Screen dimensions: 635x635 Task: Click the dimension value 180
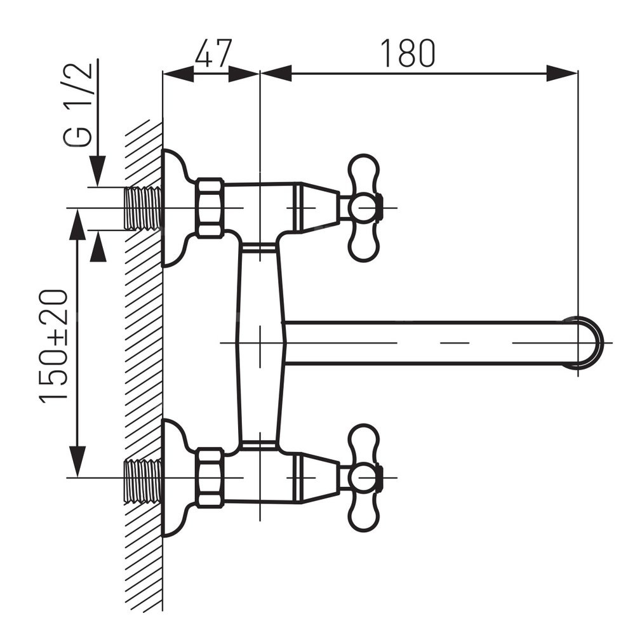click(408, 53)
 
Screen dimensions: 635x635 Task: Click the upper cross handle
click(364, 208)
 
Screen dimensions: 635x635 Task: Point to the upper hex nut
click(210, 208)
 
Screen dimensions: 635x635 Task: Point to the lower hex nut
click(210, 478)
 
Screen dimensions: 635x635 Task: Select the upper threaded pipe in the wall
click(142, 208)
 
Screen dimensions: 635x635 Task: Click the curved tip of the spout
click(589, 342)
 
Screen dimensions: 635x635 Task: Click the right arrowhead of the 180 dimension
click(563, 73)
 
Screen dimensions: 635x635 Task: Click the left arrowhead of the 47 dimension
click(178, 73)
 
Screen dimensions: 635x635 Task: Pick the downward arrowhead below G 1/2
click(97, 171)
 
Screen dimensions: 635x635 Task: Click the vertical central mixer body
click(260, 343)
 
